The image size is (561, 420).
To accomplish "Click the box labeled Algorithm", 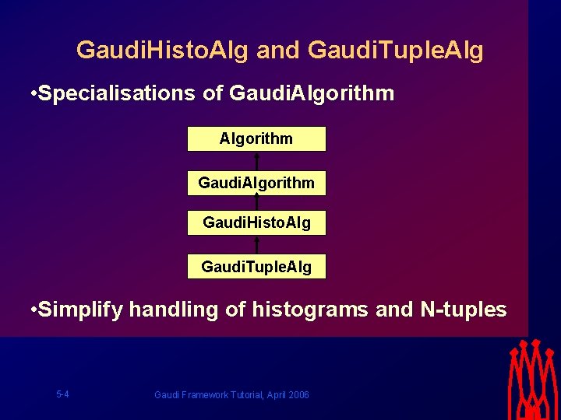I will click(x=256, y=139).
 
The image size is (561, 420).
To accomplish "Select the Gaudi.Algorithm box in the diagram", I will click(x=256, y=184).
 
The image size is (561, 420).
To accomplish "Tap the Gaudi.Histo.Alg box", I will click(x=256, y=223).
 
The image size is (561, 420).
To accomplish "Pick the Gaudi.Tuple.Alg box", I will click(x=256, y=267).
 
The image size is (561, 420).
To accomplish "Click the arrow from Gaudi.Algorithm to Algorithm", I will click(x=256, y=161).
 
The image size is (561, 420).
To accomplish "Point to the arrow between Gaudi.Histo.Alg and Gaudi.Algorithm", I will click(x=256, y=203).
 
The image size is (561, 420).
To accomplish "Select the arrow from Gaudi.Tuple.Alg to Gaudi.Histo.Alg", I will click(x=256, y=245).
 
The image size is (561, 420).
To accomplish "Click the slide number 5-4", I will click(x=62, y=394).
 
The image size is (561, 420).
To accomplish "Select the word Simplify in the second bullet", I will click(x=81, y=310).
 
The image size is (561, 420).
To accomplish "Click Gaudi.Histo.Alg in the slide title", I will click(x=163, y=51).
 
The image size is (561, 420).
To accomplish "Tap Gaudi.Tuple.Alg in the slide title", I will click(x=396, y=51).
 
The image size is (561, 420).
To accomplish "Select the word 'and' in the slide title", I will click(x=277, y=51).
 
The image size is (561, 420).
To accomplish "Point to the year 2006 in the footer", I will click(x=298, y=395).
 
